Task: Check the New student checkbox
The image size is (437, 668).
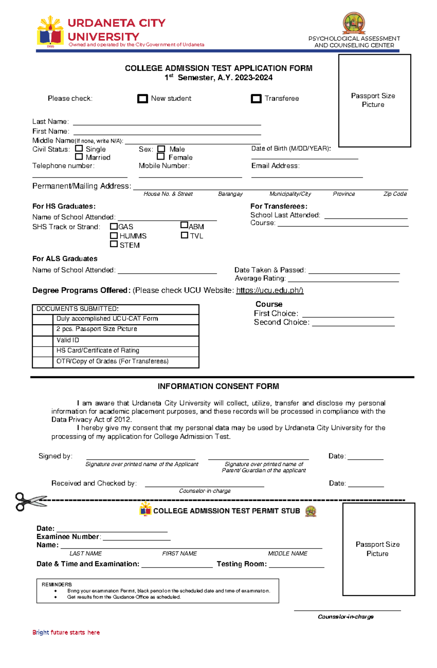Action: (142, 99)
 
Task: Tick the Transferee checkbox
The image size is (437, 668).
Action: (256, 99)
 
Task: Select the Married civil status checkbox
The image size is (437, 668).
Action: (79, 157)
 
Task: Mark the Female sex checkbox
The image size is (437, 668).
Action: (161, 157)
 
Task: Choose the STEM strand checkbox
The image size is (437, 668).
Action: (114, 244)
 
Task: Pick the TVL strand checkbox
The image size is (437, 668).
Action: (184, 236)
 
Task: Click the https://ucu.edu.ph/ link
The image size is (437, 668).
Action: (269, 290)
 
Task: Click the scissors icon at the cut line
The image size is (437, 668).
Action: (30, 501)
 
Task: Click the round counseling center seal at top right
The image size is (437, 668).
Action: (354, 23)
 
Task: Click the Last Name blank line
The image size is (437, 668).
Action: (167, 123)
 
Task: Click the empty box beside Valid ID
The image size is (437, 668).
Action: (43, 340)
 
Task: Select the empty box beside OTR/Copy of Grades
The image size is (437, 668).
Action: (43, 362)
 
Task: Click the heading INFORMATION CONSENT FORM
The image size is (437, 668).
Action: (218, 387)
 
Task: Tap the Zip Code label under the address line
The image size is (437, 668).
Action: (395, 194)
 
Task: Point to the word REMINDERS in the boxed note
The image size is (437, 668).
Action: (56, 585)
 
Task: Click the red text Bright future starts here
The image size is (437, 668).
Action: (66, 633)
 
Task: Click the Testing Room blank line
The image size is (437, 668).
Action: (296, 565)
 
